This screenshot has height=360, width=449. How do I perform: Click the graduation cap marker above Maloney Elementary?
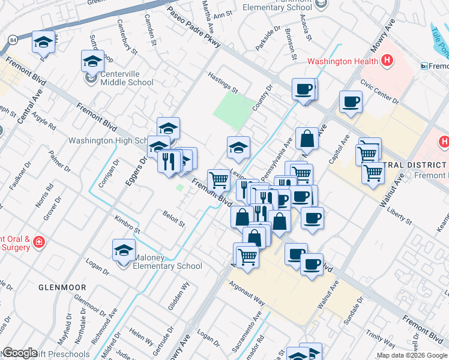124,250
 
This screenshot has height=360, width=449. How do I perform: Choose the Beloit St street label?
173,218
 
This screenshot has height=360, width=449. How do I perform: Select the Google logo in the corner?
20,353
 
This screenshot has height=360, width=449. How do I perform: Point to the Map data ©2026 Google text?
411,355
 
